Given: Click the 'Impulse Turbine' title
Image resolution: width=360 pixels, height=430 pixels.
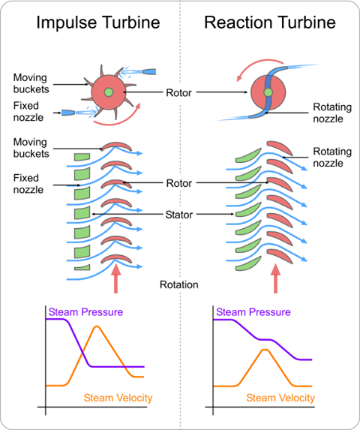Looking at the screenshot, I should pyautogui.click(x=98, y=22).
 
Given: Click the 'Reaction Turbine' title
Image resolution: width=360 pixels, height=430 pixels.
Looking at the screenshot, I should pyautogui.click(x=269, y=22).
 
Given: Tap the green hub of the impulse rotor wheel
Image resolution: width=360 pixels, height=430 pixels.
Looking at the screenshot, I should pyautogui.click(x=110, y=92).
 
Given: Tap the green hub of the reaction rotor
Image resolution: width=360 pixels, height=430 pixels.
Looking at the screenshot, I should pyautogui.click(x=268, y=92).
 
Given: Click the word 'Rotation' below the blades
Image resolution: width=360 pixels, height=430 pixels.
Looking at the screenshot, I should pyautogui.click(x=180, y=284).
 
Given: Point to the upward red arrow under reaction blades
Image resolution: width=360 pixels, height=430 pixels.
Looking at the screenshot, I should pyautogui.click(x=275, y=281).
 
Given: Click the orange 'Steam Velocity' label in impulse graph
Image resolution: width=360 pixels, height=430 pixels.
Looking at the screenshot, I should pyautogui.click(x=117, y=397).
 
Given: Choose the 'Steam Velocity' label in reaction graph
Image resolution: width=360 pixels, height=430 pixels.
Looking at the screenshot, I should pyautogui.click(x=280, y=397).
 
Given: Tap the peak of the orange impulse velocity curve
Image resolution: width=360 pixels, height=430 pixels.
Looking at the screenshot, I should pyautogui.click(x=97, y=328).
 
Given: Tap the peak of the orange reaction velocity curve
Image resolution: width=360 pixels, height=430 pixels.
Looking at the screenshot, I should pyautogui.click(x=263, y=350).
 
